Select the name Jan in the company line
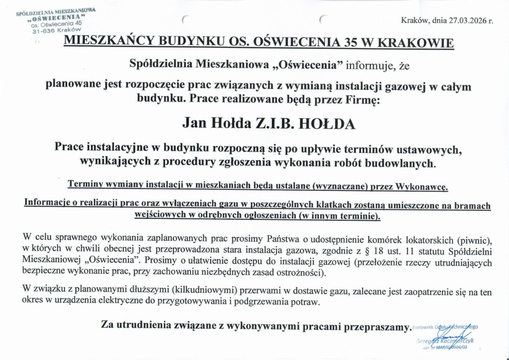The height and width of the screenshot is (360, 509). coord(193,123)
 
